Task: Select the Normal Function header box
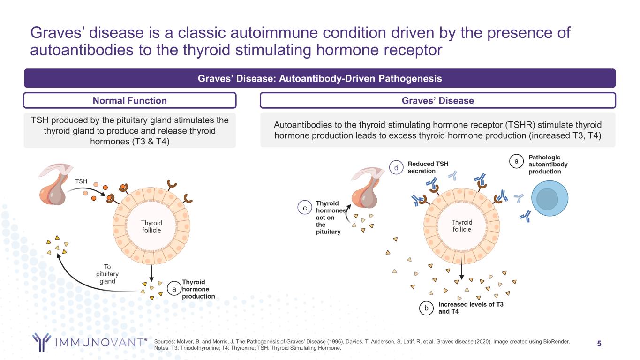(129, 101)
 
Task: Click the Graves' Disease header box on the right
(437, 101)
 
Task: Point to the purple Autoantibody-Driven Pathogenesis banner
(320, 78)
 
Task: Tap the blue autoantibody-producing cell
(547, 199)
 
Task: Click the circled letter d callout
(396, 167)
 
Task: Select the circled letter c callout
(305, 208)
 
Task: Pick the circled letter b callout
(426, 308)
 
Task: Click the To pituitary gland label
(107, 274)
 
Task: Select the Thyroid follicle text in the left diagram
(151, 226)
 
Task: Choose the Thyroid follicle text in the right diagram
(462, 225)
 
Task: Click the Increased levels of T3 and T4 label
(470, 307)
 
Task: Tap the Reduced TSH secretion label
(428, 167)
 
